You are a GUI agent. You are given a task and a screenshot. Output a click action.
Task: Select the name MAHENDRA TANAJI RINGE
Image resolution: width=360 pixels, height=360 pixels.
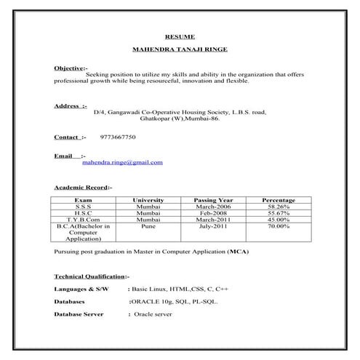point(179,50)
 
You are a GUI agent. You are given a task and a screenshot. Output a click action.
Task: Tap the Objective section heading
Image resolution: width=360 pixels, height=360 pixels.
point(71,68)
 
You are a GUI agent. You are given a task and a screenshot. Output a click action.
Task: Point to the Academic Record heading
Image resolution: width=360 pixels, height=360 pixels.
point(83,187)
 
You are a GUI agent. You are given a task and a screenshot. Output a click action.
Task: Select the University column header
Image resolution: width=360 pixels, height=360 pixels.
point(148,199)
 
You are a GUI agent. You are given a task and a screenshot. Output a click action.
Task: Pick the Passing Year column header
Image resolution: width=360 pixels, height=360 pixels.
point(213,199)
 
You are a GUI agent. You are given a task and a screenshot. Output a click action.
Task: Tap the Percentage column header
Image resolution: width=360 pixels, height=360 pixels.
point(278,199)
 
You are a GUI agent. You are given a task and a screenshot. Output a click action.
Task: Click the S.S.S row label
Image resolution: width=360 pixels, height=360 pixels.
point(83,206)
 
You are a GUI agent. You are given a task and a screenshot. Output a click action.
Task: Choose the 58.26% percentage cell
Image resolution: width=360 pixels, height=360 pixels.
point(278,206)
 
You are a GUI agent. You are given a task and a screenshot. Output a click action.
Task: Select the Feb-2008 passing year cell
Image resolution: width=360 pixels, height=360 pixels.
point(213,212)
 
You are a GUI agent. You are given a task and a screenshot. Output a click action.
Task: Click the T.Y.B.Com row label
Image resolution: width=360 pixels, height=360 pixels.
point(83,219)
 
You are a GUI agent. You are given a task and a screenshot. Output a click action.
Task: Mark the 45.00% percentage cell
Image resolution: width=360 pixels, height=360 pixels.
point(278,219)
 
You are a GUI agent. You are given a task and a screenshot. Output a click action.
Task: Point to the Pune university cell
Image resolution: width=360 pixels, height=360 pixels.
point(148,225)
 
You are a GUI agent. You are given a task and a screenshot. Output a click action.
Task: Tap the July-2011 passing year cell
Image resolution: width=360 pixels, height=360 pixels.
point(213,225)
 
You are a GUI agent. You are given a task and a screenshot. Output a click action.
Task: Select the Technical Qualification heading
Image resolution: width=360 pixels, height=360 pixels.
point(91,276)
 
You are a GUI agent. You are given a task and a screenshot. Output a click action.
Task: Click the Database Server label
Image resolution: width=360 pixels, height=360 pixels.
point(79,314)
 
